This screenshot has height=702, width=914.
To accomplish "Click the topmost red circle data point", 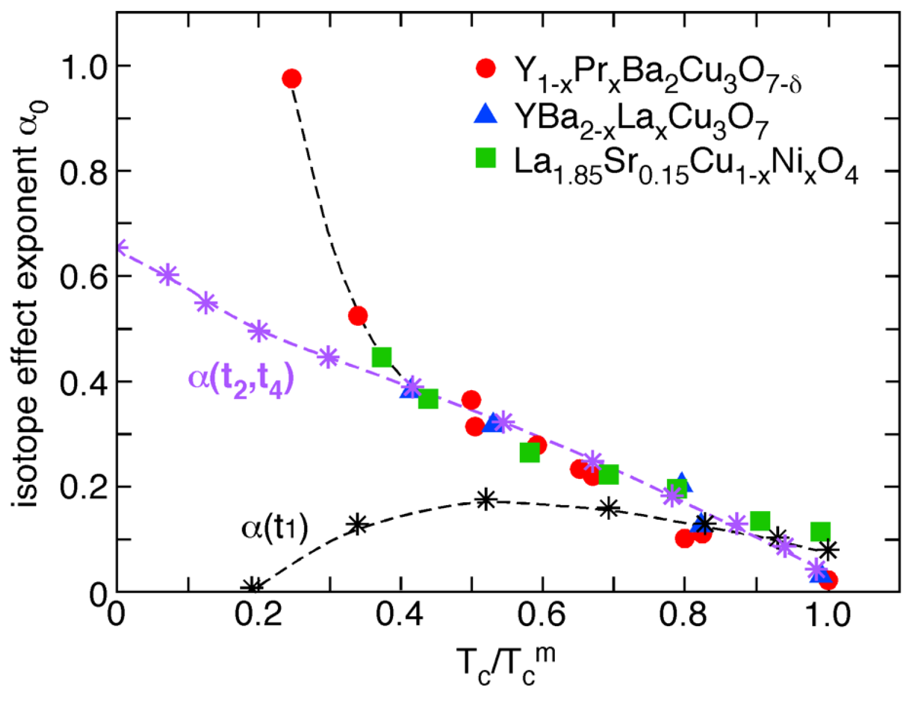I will coord(291,78).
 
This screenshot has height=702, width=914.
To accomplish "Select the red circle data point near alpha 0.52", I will coord(357,316).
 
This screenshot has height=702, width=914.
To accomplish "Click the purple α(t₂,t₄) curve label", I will coord(241,380).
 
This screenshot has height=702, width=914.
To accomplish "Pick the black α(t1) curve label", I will coord(274,529).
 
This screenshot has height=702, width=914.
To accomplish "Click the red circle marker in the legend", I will coord(485,68).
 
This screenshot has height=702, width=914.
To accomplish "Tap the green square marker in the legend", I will coord(485,158).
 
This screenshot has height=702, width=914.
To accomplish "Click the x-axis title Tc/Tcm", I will coord(506,666).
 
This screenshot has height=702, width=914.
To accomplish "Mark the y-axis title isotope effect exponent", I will coord(26,304).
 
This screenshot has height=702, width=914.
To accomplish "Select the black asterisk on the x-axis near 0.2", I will coord(253,588).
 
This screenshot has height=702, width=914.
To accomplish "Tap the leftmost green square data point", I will coord(381,357).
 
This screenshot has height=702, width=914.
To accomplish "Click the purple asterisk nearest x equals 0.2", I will coord(259,331).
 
